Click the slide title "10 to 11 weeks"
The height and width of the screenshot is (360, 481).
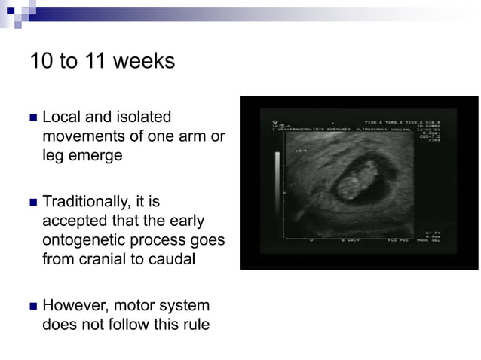coord(102,61)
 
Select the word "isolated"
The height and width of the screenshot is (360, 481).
coord(143,117)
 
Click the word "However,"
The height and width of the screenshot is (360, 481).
coord(74,307)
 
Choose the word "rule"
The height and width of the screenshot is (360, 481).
coord(194,327)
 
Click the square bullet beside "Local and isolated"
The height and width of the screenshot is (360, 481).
coord(32,118)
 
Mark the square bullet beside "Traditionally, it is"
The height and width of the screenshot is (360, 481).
coord(32,203)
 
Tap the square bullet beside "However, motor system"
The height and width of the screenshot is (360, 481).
coord(32,307)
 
